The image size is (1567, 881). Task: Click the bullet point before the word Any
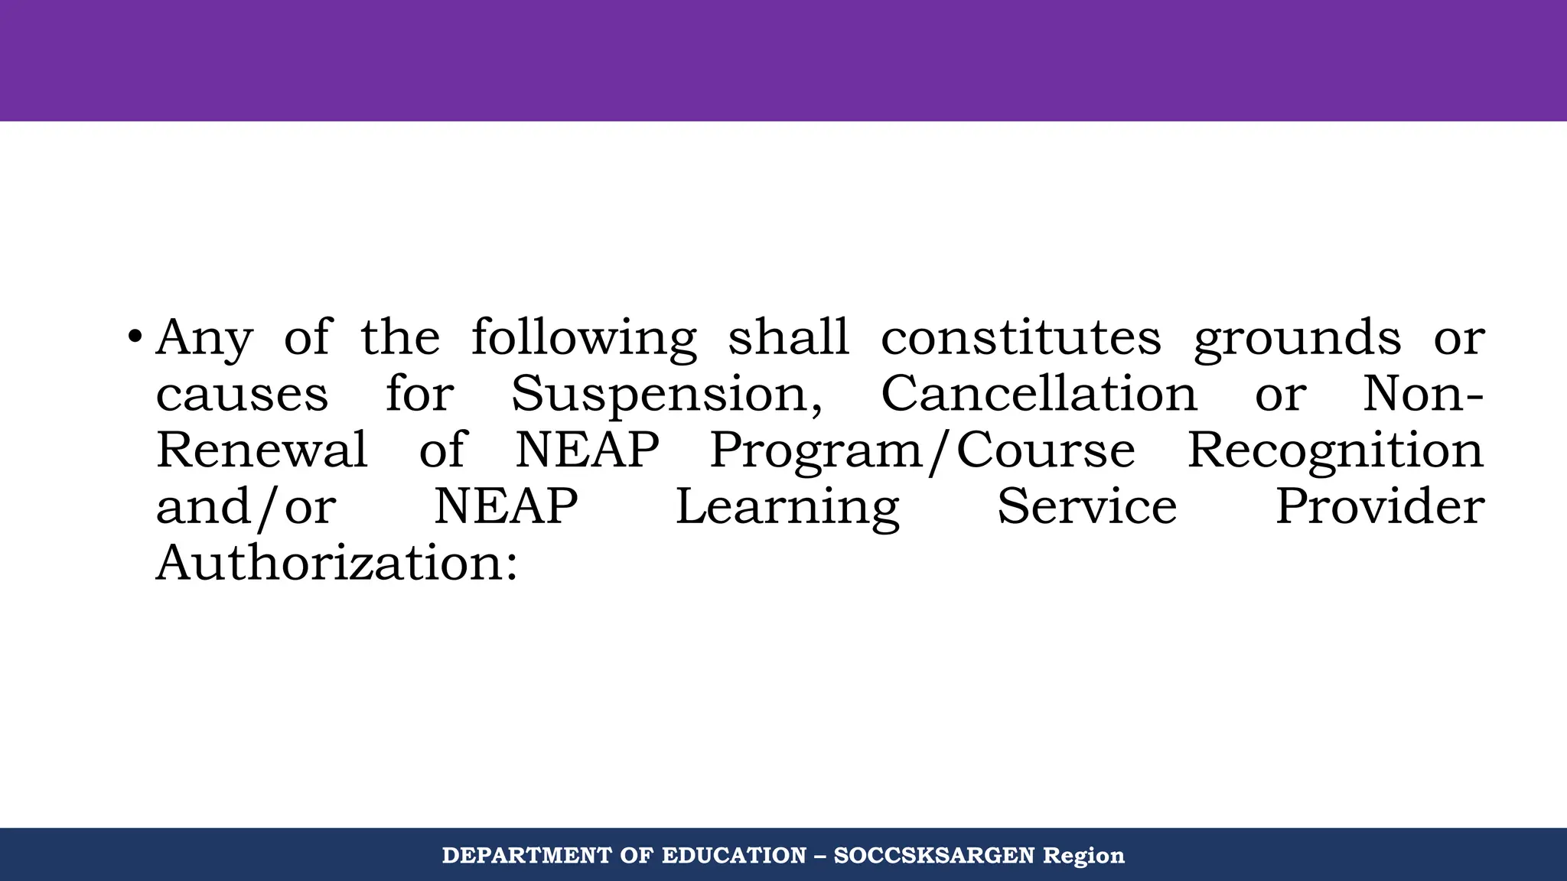coord(135,336)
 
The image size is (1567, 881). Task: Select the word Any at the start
coord(204,338)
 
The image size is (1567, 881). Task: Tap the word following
coord(584,338)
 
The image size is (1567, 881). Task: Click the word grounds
coord(1298,338)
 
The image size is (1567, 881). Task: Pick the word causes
coord(242,395)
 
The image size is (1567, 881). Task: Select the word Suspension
coord(666,395)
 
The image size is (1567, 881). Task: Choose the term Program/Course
coord(922,451)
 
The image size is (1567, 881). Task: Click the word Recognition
coord(1335,451)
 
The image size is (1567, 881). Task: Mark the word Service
coord(1086,506)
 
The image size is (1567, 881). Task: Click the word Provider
coord(1380,506)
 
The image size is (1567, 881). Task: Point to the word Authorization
coord(337,563)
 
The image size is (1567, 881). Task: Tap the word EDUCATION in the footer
coord(734,855)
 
